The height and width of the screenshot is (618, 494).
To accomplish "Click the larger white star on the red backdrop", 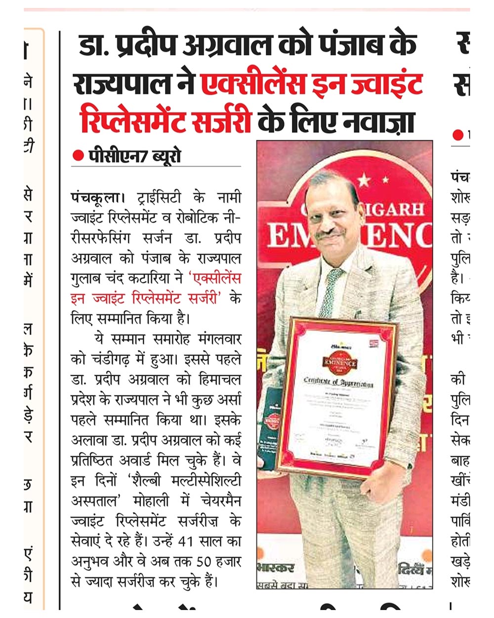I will tap(364, 179).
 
